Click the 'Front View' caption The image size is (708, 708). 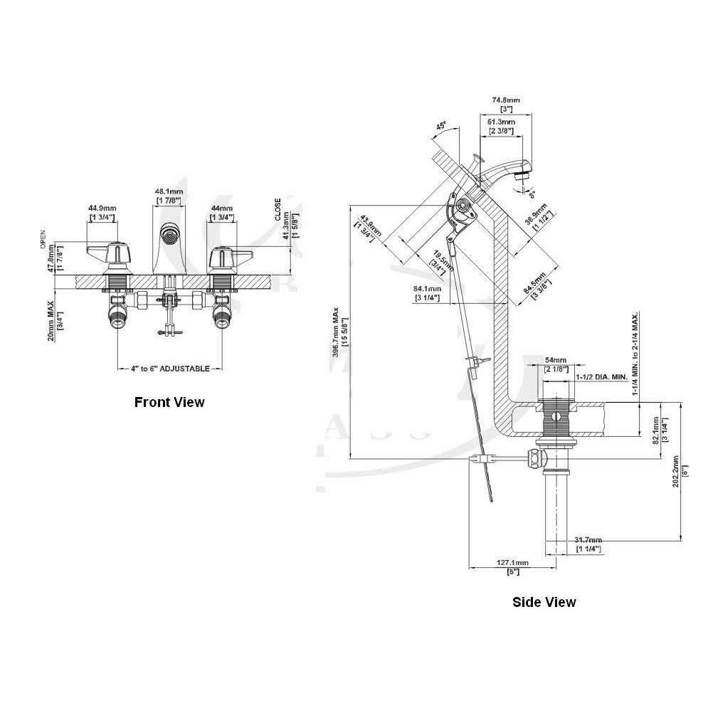click(x=169, y=402)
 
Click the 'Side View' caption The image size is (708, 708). click(x=544, y=602)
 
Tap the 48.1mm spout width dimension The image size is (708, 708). click(x=169, y=191)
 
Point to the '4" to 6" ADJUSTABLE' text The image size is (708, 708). click(x=170, y=369)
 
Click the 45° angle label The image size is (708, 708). click(x=441, y=126)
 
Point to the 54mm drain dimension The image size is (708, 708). click(x=555, y=360)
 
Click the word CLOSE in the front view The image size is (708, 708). click(x=278, y=209)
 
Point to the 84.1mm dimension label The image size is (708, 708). click(x=428, y=288)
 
